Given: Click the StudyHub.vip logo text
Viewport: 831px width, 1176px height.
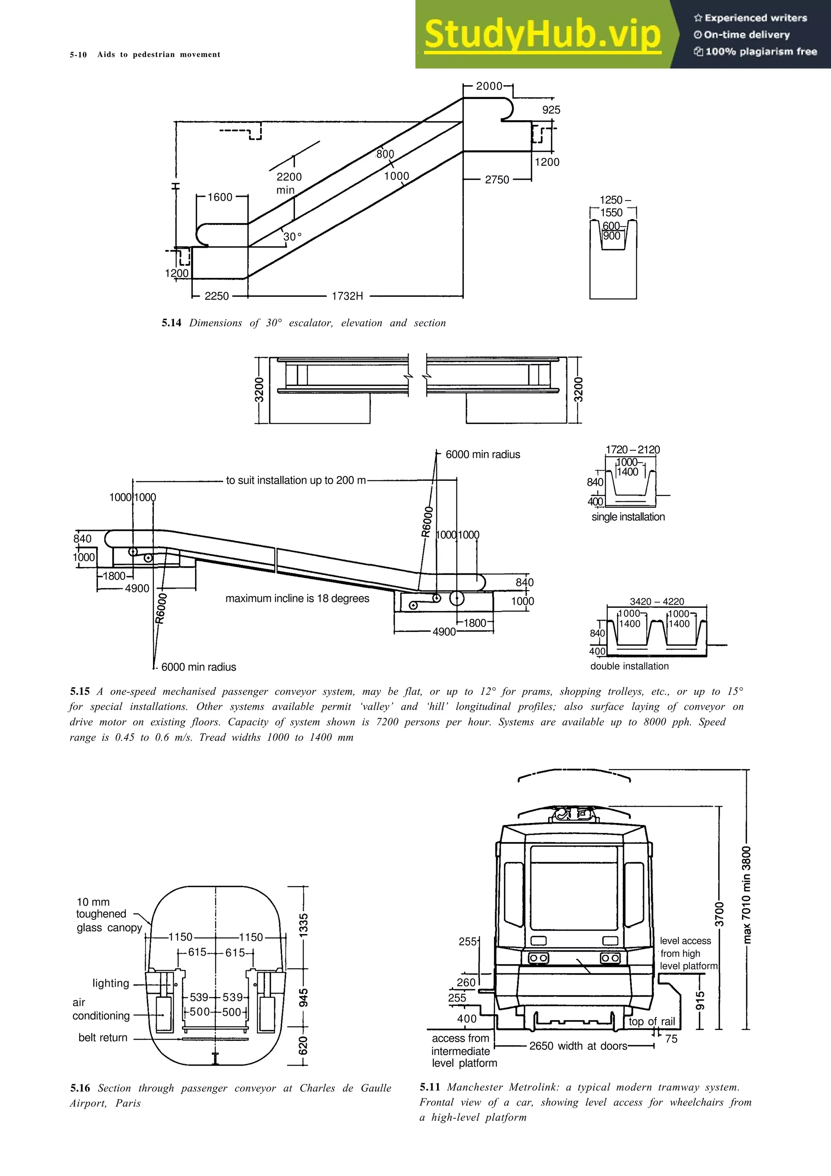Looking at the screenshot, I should [542, 35].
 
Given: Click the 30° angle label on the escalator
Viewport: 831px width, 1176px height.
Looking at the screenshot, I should [293, 237].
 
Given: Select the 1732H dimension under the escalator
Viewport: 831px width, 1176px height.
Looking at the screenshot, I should [347, 296].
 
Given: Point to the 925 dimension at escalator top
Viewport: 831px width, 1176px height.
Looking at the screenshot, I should [551, 110].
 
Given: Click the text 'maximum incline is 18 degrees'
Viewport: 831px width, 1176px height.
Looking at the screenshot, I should [297, 598].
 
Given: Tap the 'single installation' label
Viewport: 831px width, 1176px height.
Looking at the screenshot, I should [628, 517].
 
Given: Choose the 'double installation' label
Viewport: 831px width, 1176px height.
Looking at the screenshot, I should [629, 666].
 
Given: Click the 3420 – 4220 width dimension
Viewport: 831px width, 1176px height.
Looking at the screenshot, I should [657, 601].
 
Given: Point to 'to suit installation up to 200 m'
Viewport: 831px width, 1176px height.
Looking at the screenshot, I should [296, 480].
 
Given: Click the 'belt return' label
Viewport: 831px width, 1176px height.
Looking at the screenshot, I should [103, 1037].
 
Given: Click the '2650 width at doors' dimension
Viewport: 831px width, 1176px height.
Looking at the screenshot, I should [578, 1045].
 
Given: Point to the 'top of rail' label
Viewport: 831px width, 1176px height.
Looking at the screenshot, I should [651, 1021].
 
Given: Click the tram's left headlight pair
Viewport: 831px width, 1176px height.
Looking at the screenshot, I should [538, 958].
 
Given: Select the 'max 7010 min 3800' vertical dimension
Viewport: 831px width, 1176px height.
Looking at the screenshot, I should [747, 895].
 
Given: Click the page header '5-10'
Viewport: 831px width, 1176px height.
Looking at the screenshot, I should [78, 54].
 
